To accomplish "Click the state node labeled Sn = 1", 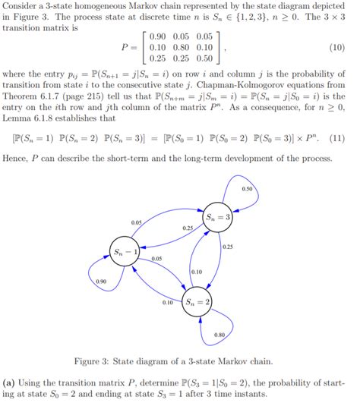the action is (126, 252).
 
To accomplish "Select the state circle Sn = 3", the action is (218, 218).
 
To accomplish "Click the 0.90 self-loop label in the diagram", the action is (101, 282).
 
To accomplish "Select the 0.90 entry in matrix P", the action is (159, 36).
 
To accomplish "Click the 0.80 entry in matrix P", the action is (181, 47).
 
